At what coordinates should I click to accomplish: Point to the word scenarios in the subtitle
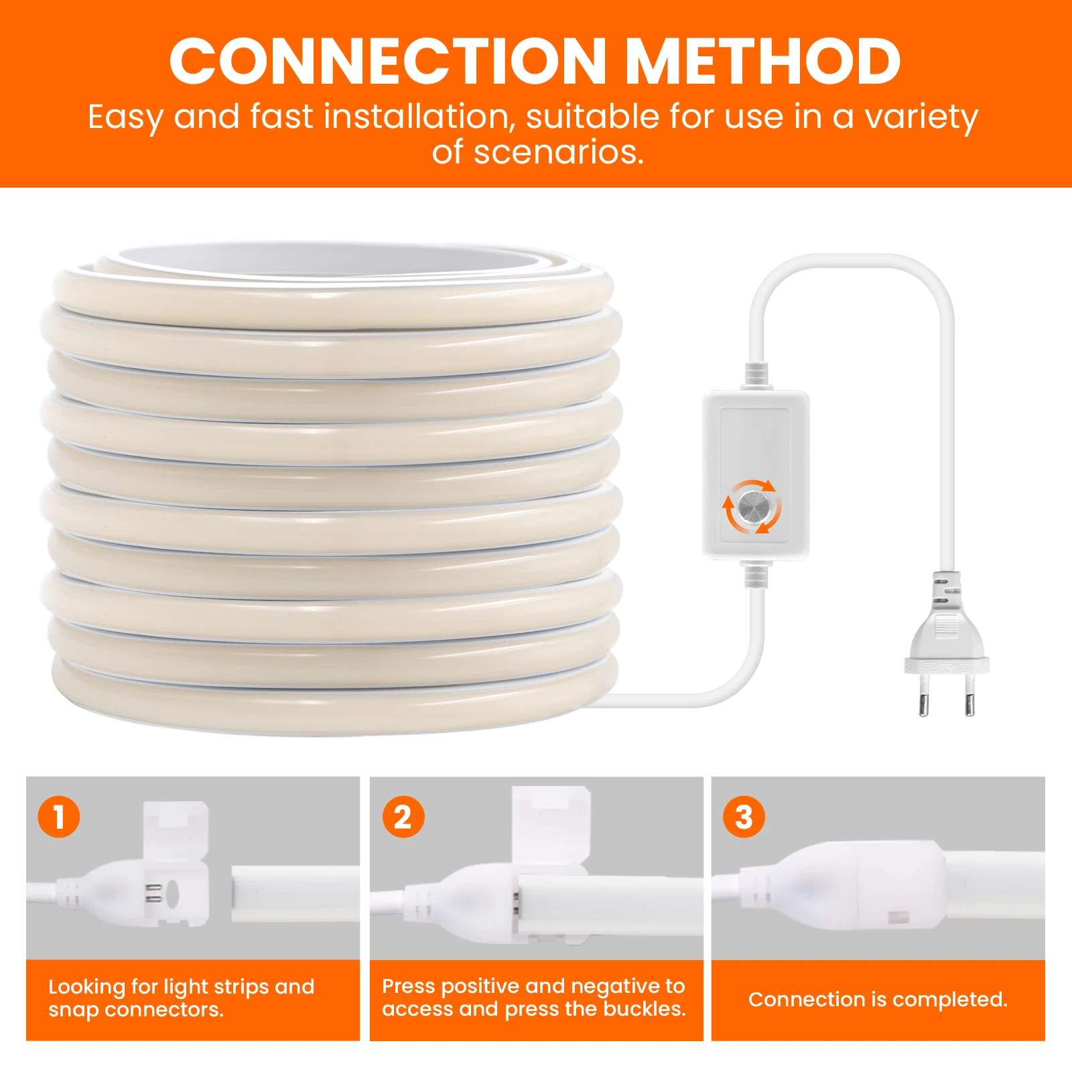[558, 152]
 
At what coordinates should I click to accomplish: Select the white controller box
[756, 475]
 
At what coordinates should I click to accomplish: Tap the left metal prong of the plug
[923, 695]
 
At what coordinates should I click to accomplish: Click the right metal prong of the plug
[969, 695]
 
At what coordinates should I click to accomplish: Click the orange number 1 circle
[59, 817]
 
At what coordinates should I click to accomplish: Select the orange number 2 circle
[403, 817]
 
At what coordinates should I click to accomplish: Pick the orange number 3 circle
[744, 817]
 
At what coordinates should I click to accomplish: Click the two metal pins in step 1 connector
[153, 893]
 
